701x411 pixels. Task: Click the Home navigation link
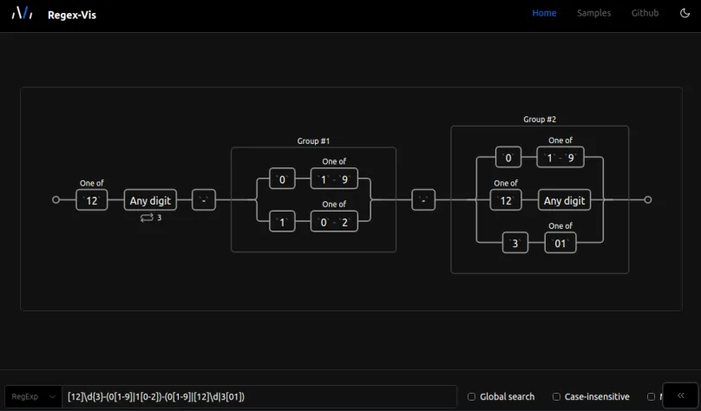[544, 13]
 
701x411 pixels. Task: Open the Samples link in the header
[593, 13]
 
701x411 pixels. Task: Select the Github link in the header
[645, 13]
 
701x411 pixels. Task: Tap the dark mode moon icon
[685, 13]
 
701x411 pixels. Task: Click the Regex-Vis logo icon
[22, 13]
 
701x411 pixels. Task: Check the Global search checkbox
[472, 396]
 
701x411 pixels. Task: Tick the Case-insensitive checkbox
[557, 396]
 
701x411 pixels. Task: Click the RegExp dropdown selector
[34, 396]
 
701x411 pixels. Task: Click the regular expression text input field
[260, 396]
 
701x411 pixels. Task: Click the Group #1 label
[313, 140]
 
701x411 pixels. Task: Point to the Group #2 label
[540, 120]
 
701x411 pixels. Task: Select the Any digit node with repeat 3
[150, 200]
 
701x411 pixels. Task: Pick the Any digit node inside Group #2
[564, 200]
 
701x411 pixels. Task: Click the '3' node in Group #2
[514, 244]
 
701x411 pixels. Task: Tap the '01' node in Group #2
[560, 244]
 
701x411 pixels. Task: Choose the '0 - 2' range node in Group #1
[334, 222]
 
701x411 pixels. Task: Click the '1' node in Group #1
[281, 222]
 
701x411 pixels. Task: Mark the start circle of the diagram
[56, 199]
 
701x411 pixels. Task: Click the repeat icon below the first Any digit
[146, 218]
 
